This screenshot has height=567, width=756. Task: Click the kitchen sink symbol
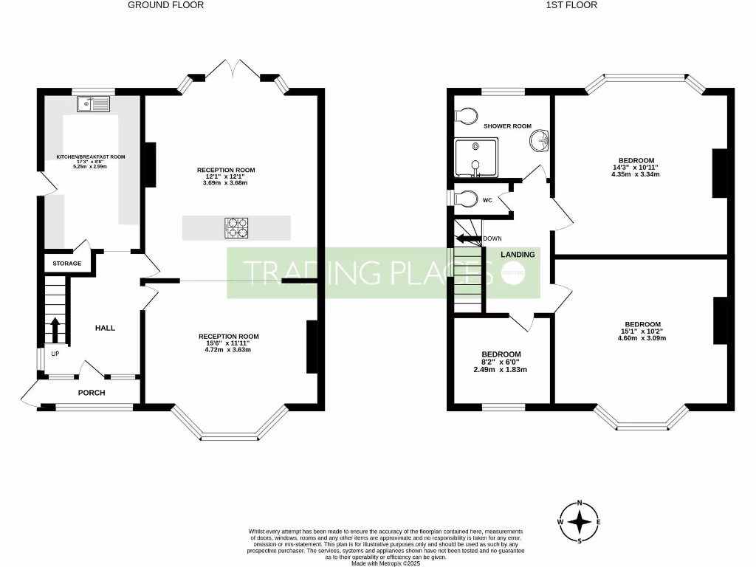pyautogui.click(x=92, y=105)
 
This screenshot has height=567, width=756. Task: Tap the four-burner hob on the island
pyautogui.click(x=236, y=227)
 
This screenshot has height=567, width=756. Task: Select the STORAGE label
pyautogui.click(x=66, y=264)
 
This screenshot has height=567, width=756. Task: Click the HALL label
pyautogui.click(x=105, y=328)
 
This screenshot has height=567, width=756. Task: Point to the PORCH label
pyautogui.click(x=92, y=393)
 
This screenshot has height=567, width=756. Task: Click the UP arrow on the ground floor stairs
pyautogui.click(x=55, y=329)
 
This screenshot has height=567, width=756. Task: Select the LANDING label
pyautogui.click(x=518, y=255)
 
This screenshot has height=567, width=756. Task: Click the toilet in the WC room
pyautogui.click(x=464, y=200)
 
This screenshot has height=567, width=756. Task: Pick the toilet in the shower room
pyautogui.click(x=466, y=114)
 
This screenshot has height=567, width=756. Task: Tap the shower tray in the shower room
pyautogui.click(x=476, y=158)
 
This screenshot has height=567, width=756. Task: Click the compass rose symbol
pyautogui.click(x=580, y=522)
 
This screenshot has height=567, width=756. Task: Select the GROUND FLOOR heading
pyautogui.click(x=165, y=5)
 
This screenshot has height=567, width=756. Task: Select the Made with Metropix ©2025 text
pyautogui.click(x=385, y=563)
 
